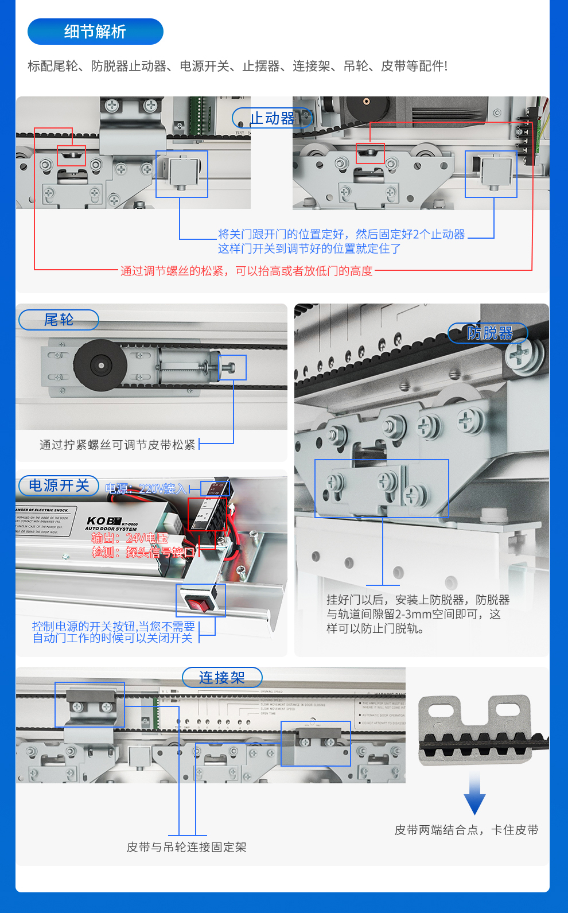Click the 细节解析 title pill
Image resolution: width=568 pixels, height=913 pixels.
click(95, 32)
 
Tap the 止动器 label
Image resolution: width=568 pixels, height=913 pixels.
click(273, 118)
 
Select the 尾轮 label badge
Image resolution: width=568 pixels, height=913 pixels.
click(59, 320)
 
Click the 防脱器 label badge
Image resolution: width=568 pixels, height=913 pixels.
click(489, 333)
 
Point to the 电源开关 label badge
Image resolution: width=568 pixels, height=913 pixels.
click(59, 485)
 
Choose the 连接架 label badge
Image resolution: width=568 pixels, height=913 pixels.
click(222, 677)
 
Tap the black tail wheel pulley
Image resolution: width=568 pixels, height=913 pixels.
click(101, 365)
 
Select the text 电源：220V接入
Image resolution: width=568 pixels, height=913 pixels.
click(146, 489)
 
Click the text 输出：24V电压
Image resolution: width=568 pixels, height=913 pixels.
click(130, 538)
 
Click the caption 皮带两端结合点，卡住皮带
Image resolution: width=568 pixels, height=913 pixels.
click(466, 830)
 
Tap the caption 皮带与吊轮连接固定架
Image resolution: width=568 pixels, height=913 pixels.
click(186, 847)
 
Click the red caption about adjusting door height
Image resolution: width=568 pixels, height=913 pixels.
click(247, 271)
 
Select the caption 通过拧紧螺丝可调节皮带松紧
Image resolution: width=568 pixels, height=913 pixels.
click(118, 445)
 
